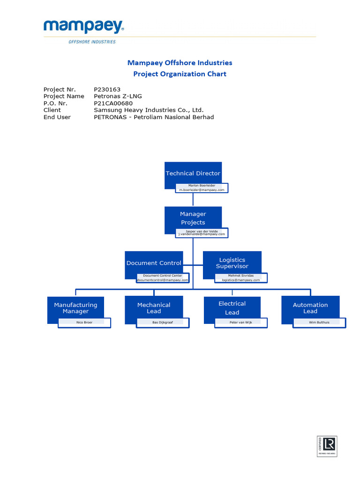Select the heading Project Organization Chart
click(x=180, y=74)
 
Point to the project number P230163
click(x=107, y=89)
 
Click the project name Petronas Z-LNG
click(x=118, y=96)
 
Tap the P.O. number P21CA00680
click(x=113, y=103)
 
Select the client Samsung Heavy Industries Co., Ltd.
click(x=149, y=110)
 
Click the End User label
click(x=57, y=117)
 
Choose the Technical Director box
click(x=193, y=173)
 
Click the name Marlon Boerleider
click(x=202, y=186)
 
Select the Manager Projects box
click(x=193, y=218)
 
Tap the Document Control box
click(x=154, y=263)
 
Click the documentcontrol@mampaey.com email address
click(x=163, y=280)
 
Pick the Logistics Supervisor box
click(x=232, y=263)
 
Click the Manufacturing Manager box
click(x=75, y=308)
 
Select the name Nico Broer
click(x=84, y=322)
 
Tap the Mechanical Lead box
click(x=154, y=308)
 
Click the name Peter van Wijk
click(x=241, y=322)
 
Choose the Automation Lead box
click(x=310, y=308)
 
